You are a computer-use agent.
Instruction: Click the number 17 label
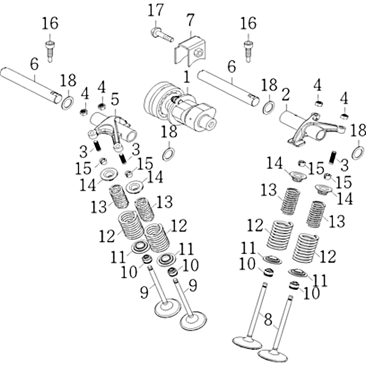coord(155,10)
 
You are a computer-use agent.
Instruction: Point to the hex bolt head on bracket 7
coord(198,54)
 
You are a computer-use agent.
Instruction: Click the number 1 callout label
coord(187,77)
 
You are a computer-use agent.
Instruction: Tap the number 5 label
coord(114,98)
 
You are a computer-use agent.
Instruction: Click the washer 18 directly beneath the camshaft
coord(168,154)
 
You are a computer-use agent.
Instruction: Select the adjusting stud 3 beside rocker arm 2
coord(333,157)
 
